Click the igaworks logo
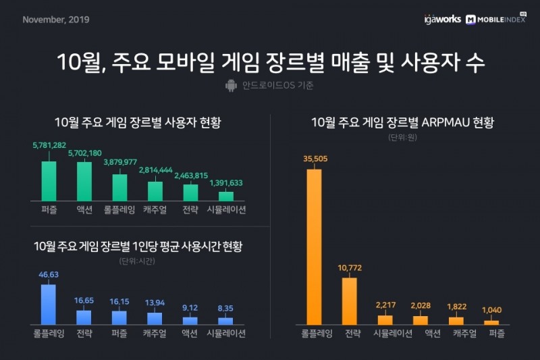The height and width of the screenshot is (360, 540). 443,19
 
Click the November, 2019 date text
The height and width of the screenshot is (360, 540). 55,19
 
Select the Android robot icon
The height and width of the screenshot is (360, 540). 230,86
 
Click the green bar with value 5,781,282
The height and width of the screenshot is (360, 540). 49,181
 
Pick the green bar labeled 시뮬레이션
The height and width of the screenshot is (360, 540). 226,196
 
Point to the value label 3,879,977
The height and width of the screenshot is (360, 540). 120,162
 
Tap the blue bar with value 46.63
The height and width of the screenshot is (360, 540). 49,304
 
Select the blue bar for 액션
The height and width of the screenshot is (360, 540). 190,320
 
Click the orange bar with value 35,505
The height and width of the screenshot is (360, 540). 314,247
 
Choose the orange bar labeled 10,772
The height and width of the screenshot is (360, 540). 350,301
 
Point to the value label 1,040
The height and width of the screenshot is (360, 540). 491,309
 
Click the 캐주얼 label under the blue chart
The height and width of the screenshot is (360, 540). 155,333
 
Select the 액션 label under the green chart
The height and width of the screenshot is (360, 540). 84,209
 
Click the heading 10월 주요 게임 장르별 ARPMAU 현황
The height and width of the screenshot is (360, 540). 402,123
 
